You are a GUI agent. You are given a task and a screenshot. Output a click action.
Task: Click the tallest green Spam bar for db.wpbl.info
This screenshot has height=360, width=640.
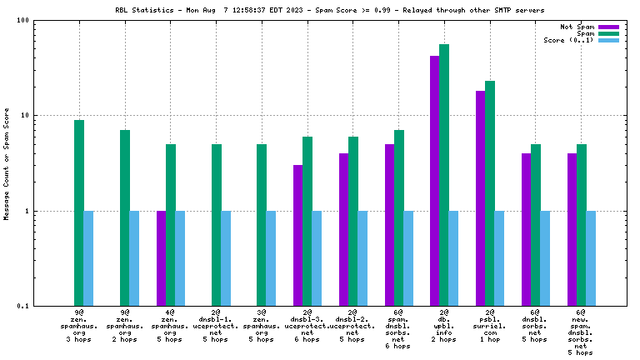[x=444, y=175]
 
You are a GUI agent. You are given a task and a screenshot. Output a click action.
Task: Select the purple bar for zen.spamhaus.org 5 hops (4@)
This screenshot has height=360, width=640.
[x=162, y=258]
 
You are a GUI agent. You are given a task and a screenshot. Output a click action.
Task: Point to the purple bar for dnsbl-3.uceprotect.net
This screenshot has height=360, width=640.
[x=298, y=236]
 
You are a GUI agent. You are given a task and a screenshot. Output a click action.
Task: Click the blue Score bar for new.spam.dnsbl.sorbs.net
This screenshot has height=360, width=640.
[x=591, y=258]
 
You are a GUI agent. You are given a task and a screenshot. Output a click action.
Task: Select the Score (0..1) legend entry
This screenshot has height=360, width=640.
[x=568, y=40]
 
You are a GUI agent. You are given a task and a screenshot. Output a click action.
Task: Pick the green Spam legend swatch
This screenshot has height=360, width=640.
[x=609, y=33]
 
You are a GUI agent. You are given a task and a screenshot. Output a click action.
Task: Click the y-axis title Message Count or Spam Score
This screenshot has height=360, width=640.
[x=7, y=163]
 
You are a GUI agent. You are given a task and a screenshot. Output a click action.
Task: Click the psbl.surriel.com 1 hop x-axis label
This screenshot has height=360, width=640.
[x=490, y=326]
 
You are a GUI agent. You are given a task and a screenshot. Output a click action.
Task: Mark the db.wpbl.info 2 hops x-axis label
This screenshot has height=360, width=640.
[x=444, y=326]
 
